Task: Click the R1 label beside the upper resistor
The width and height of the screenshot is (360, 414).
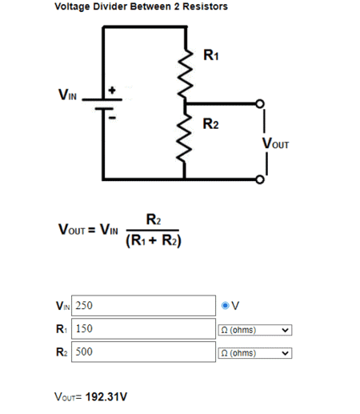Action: (x=211, y=55)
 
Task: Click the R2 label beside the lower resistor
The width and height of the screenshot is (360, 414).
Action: (x=210, y=124)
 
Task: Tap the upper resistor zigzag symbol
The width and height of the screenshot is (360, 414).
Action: (x=186, y=74)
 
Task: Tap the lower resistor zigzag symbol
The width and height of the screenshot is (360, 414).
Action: (x=184, y=139)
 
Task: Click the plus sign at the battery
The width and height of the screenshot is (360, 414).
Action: (x=112, y=90)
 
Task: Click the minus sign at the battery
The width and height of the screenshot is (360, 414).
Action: (x=113, y=118)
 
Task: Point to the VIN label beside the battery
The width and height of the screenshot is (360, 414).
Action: (x=67, y=94)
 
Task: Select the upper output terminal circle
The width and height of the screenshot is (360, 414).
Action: (x=260, y=103)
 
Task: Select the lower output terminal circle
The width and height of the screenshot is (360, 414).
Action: (x=260, y=179)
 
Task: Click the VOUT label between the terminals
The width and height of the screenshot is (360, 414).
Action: (x=275, y=143)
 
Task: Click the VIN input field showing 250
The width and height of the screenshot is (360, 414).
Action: (x=143, y=306)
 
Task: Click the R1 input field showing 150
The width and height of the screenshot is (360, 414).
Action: (x=143, y=328)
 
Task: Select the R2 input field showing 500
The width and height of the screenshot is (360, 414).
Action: (x=143, y=352)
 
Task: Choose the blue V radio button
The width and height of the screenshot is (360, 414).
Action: (x=226, y=305)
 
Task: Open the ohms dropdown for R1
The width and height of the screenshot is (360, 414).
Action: (x=255, y=330)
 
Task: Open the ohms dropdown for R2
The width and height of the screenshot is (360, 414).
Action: (x=255, y=353)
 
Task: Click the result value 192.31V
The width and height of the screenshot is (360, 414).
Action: (x=106, y=397)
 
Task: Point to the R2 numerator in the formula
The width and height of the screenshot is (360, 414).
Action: (x=154, y=219)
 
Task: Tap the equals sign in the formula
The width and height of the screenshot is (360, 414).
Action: (x=91, y=230)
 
